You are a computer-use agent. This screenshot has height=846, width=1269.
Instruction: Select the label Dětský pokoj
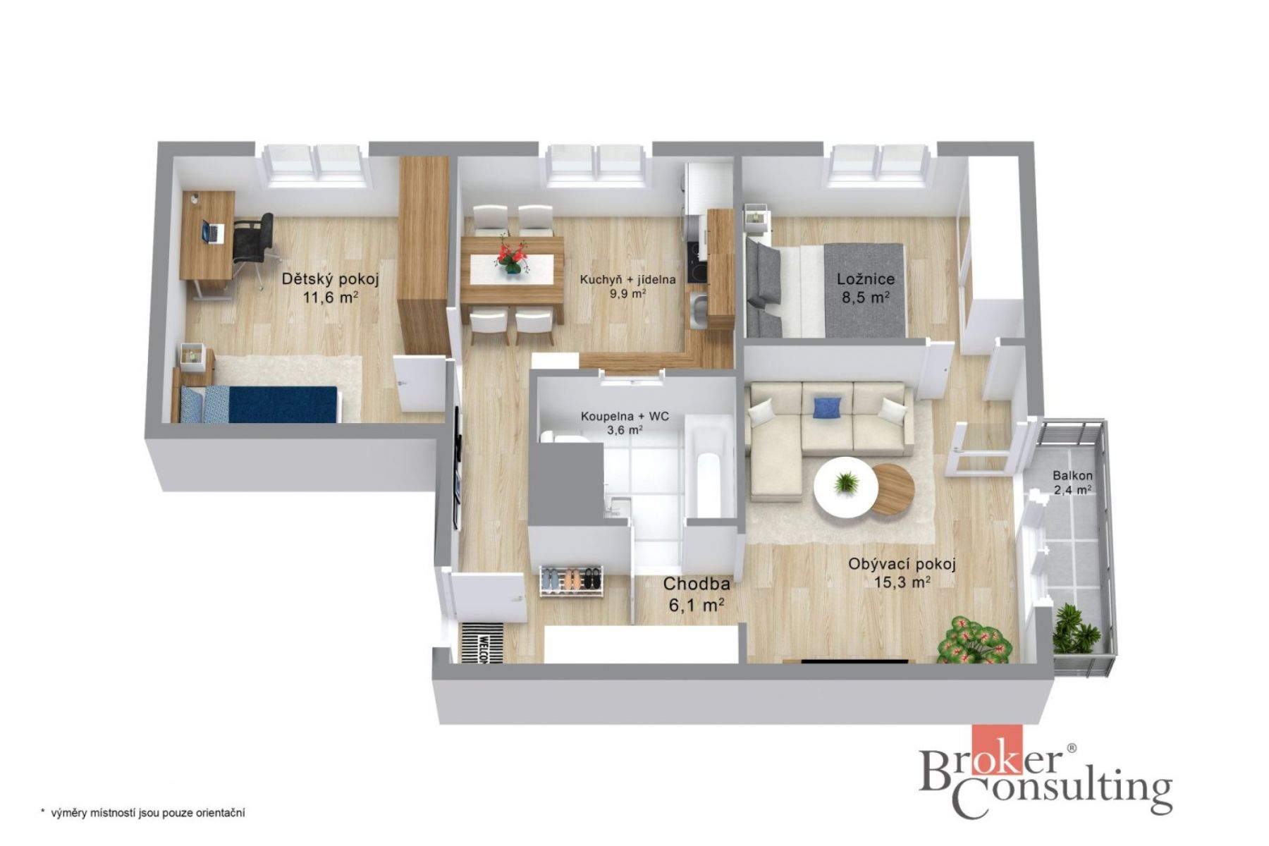pos(331,279)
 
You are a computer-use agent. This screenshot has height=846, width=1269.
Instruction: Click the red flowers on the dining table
pos(513,255)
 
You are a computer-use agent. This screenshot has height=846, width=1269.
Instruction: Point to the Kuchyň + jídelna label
pos(627,280)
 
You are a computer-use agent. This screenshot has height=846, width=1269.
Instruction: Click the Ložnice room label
pos(866,279)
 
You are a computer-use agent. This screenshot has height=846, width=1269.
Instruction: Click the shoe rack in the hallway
pos(572,581)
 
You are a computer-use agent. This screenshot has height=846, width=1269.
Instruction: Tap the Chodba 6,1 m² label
pos(695,594)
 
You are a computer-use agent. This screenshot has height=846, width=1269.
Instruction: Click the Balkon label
pos(1072,475)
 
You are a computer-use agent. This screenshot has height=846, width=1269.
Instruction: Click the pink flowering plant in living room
pos(976,639)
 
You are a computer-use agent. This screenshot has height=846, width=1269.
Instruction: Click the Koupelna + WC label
pos(625,416)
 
